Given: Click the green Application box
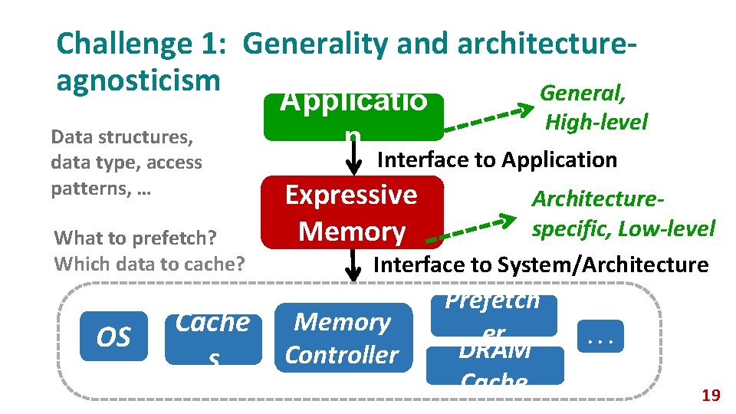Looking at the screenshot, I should [353, 117].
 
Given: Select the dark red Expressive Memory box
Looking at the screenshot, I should [352, 212].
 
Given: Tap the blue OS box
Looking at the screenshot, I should [114, 337].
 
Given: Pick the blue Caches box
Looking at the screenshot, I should [212, 337].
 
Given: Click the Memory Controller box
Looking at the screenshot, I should [342, 338].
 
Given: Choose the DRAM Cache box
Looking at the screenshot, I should [495, 365].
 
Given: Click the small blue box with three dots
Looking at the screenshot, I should [600, 335].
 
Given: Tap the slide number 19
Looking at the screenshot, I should [711, 396].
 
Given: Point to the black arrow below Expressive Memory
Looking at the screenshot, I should [353, 264].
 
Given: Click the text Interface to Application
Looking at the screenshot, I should [497, 160].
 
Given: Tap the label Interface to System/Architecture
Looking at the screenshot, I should [540, 265].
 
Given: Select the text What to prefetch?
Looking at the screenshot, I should [135, 238].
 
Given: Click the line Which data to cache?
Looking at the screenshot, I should [149, 264].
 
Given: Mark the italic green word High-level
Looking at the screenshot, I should [596, 122].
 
